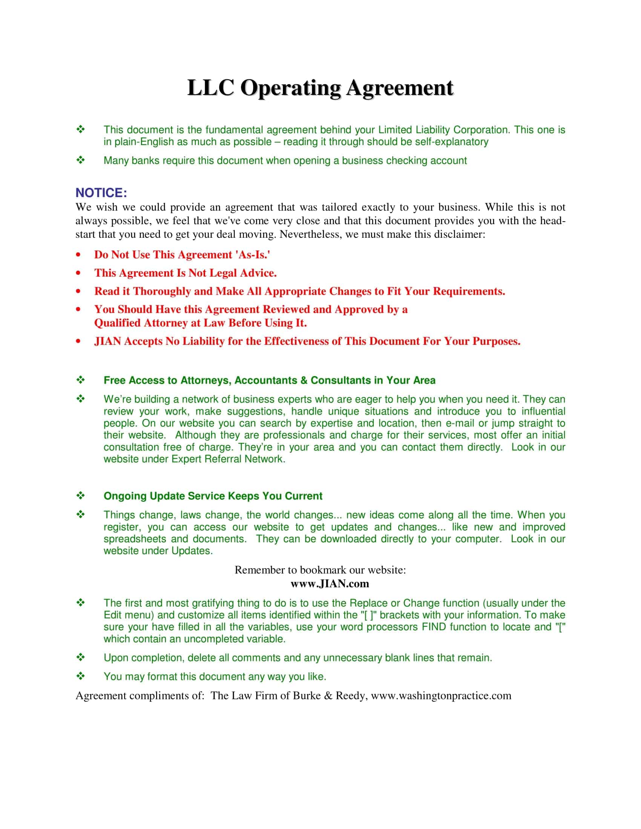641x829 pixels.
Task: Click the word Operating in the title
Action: [290, 88]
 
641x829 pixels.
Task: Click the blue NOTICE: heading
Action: [101, 193]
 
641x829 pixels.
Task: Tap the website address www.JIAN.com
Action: [330, 583]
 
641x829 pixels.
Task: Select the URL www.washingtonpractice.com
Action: [441, 696]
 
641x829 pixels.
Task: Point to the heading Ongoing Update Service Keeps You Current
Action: [213, 496]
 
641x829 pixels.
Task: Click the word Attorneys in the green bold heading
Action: [205, 380]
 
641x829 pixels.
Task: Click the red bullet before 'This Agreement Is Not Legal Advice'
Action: [78, 273]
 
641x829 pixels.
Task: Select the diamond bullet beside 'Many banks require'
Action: [81, 161]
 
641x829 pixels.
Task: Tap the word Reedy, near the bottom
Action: [351, 696]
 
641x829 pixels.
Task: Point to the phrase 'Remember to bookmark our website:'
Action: [320, 570]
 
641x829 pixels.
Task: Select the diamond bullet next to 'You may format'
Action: [81, 676]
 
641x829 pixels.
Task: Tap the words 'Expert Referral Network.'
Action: [228, 459]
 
